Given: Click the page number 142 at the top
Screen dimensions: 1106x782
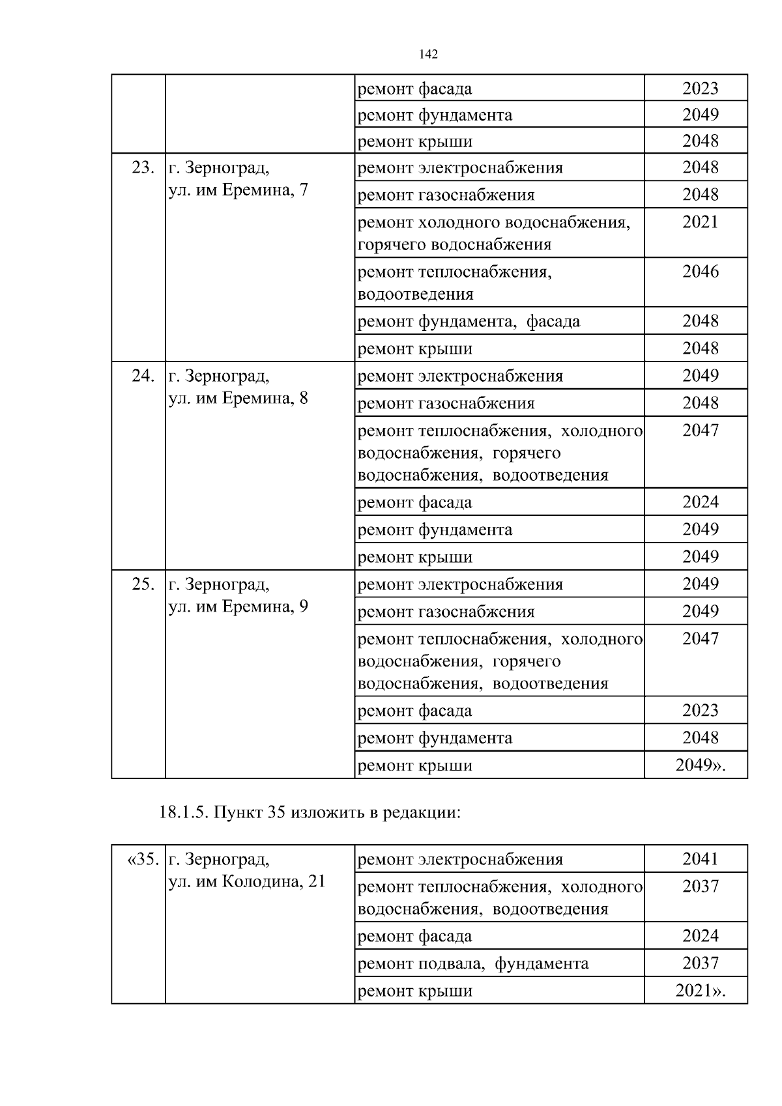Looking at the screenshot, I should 428,54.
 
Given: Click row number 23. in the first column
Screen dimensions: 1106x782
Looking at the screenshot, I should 143,167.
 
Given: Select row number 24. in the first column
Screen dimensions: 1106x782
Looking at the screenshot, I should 143,376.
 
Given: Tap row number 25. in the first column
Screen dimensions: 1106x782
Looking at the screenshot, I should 143,584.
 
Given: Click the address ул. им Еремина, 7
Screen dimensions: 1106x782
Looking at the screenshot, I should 239,190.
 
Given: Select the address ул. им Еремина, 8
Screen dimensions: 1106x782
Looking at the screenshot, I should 239,398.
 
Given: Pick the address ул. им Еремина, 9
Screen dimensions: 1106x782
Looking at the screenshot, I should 239,606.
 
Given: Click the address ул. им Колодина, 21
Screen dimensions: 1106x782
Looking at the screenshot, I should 247,882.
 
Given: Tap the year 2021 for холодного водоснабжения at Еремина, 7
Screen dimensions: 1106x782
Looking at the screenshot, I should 700,222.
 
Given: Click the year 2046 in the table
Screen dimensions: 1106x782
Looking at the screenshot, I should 700,272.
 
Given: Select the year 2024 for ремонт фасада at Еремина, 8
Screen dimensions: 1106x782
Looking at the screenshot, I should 700,502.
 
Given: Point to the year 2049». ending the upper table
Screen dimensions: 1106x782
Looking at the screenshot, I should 700,765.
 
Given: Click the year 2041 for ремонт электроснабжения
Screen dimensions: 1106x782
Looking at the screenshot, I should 700,859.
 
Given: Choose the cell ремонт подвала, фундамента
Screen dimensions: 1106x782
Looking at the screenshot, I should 473,963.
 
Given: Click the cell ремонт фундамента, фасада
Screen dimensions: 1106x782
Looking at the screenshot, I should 469,321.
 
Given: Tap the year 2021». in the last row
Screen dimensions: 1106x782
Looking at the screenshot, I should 700,991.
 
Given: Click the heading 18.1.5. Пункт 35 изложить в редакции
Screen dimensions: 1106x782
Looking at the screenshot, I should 310,813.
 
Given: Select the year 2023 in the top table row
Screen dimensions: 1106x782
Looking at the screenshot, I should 700,88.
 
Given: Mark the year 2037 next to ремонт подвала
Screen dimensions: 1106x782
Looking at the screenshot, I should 700,963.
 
